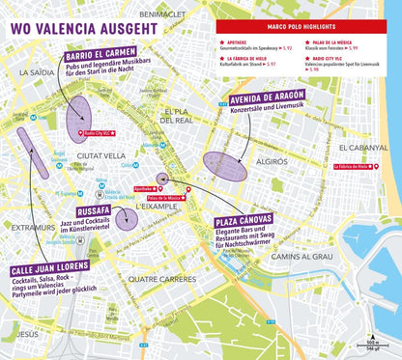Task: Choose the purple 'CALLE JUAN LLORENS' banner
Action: (x=50, y=265)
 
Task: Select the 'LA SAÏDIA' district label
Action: (x=34, y=72)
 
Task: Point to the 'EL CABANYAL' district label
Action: (x=365, y=148)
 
